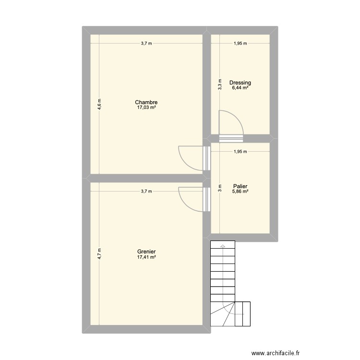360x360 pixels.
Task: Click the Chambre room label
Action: coord(146,102)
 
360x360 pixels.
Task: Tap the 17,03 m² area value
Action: coord(146,108)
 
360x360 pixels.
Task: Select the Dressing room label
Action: coord(240,83)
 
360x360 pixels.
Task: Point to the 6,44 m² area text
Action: coord(240,88)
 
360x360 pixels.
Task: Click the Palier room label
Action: coord(240,186)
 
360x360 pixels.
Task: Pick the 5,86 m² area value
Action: coord(240,192)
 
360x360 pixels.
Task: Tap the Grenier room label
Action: coord(146,252)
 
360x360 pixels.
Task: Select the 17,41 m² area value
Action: coord(146,257)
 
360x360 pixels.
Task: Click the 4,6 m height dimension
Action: coord(99,104)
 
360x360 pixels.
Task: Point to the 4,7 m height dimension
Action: coord(99,253)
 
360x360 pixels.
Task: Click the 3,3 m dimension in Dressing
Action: coord(220,84)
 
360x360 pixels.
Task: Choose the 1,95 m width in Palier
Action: coord(240,152)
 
